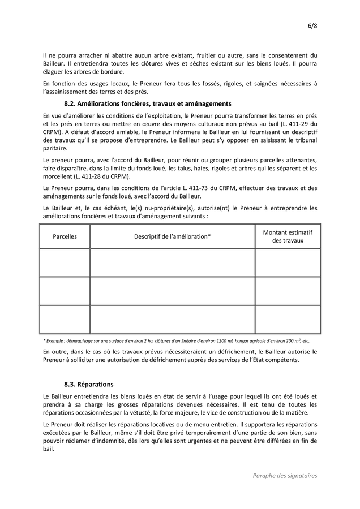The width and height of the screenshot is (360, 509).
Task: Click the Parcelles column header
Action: [65, 236]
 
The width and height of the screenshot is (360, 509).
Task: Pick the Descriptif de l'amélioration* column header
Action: [172, 236]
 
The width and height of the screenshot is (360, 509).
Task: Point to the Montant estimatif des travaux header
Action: [288, 236]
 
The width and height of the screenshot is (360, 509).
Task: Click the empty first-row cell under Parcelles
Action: [65, 262]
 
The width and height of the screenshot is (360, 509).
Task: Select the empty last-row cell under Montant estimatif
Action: [288, 320]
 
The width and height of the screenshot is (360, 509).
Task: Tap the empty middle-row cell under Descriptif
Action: [172, 291]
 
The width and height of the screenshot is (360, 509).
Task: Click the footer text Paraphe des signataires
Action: [285, 476]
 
